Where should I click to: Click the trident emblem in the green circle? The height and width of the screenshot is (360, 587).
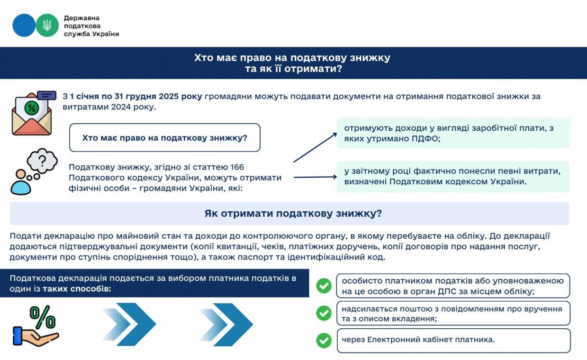click(x=47, y=25)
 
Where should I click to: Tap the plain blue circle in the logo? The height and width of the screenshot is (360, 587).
click(x=24, y=25)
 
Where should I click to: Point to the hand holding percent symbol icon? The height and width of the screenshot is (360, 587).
click(x=36, y=326)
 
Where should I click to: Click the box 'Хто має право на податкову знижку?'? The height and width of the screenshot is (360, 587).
click(x=165, y=137)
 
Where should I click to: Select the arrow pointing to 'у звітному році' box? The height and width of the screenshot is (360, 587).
click(x=315, y=178)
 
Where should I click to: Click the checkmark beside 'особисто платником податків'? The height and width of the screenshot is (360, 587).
click(x=324, y=286)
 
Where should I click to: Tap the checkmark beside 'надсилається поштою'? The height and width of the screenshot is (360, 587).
click(x=324, y=313)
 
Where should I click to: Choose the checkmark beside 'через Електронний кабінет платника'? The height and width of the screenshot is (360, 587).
click(x=324, y=340)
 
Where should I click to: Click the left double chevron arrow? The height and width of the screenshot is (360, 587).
click(x=129, y=324)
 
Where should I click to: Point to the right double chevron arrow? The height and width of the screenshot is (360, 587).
click(x=226, y=324)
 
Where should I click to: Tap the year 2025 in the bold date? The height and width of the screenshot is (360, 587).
click(x=168, y=96)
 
